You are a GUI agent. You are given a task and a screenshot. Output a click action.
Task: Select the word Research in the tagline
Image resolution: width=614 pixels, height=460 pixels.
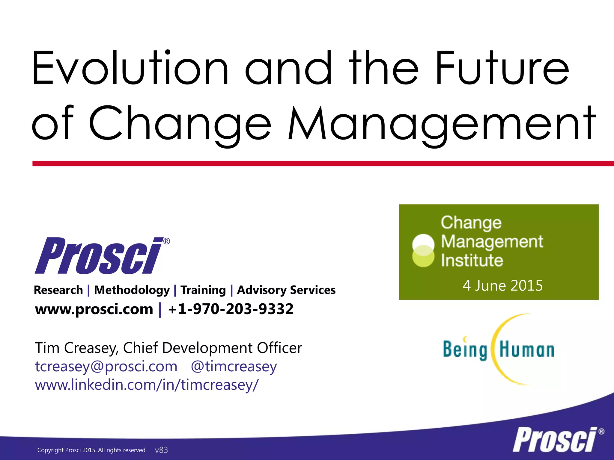click(x=58, y=290)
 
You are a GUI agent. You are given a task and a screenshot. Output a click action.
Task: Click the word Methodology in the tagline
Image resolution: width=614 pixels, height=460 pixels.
click(x=132, y=290)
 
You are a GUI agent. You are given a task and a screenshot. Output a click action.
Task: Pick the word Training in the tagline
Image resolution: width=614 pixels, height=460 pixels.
click(x=203, y=290)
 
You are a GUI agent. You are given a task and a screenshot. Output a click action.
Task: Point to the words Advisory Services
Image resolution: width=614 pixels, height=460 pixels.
click(x=286, y=290)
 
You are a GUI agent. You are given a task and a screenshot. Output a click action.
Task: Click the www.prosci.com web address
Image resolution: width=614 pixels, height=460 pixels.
click(x=94, y=309)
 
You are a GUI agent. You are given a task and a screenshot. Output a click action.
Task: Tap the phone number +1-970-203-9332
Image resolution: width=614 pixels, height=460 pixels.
click(x=231, y=309)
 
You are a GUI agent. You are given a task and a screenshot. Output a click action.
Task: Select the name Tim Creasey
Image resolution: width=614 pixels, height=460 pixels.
click(x=76, y=348)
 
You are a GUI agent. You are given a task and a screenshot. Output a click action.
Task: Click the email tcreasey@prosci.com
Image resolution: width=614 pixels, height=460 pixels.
click(x=106, y=367)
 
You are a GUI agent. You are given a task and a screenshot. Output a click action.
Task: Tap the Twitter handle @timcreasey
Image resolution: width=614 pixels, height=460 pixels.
click(x=234, y=367)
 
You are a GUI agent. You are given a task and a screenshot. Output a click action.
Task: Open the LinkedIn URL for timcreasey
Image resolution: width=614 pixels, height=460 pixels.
click(x=146, y=385)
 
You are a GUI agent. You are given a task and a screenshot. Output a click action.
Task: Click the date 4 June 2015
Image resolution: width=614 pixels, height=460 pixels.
click(x=502, y=285)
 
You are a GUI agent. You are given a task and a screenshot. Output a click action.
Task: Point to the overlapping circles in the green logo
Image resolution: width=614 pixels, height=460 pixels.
click(x=423, y=251)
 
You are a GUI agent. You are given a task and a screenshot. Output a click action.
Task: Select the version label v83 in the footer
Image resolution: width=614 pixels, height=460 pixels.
click(x=161, y=450)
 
